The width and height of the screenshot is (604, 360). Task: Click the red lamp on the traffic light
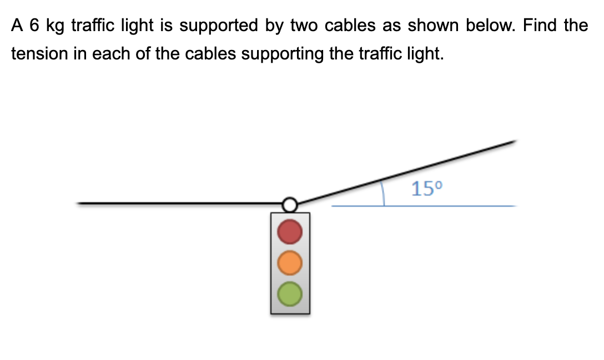pyautogui.click(x=290, y=232)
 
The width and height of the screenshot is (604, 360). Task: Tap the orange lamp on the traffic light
pyautogui.click(x=290, y=263)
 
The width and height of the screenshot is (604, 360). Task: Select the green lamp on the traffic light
pyautogui.click(x=290, y=293)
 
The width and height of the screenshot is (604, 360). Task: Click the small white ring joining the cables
pyautogui.click(x=289, y=205)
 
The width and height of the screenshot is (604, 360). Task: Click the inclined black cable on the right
pyautogui.click(x=405, y=172)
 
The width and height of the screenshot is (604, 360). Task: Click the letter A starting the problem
pyautogui.click(x=17, y=26)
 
